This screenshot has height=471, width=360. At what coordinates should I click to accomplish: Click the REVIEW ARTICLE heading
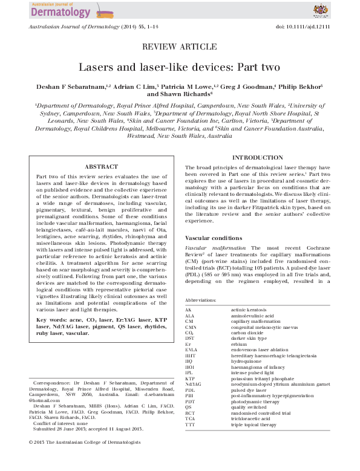tap(179, 47)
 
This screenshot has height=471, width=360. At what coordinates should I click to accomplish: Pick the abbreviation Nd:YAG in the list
tap(194, 383)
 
